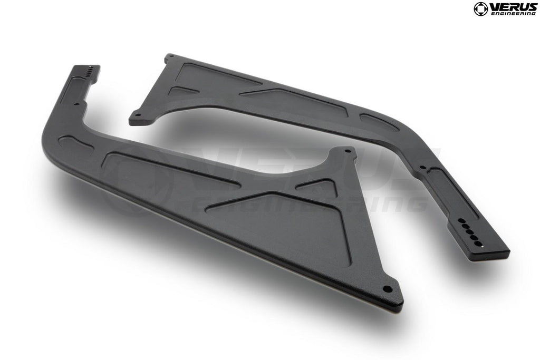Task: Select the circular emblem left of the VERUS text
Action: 480,9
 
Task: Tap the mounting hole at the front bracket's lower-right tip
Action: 388,289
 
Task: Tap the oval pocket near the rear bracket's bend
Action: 379,122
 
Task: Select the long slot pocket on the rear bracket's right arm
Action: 451,190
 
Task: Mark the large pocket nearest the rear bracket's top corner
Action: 216,79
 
